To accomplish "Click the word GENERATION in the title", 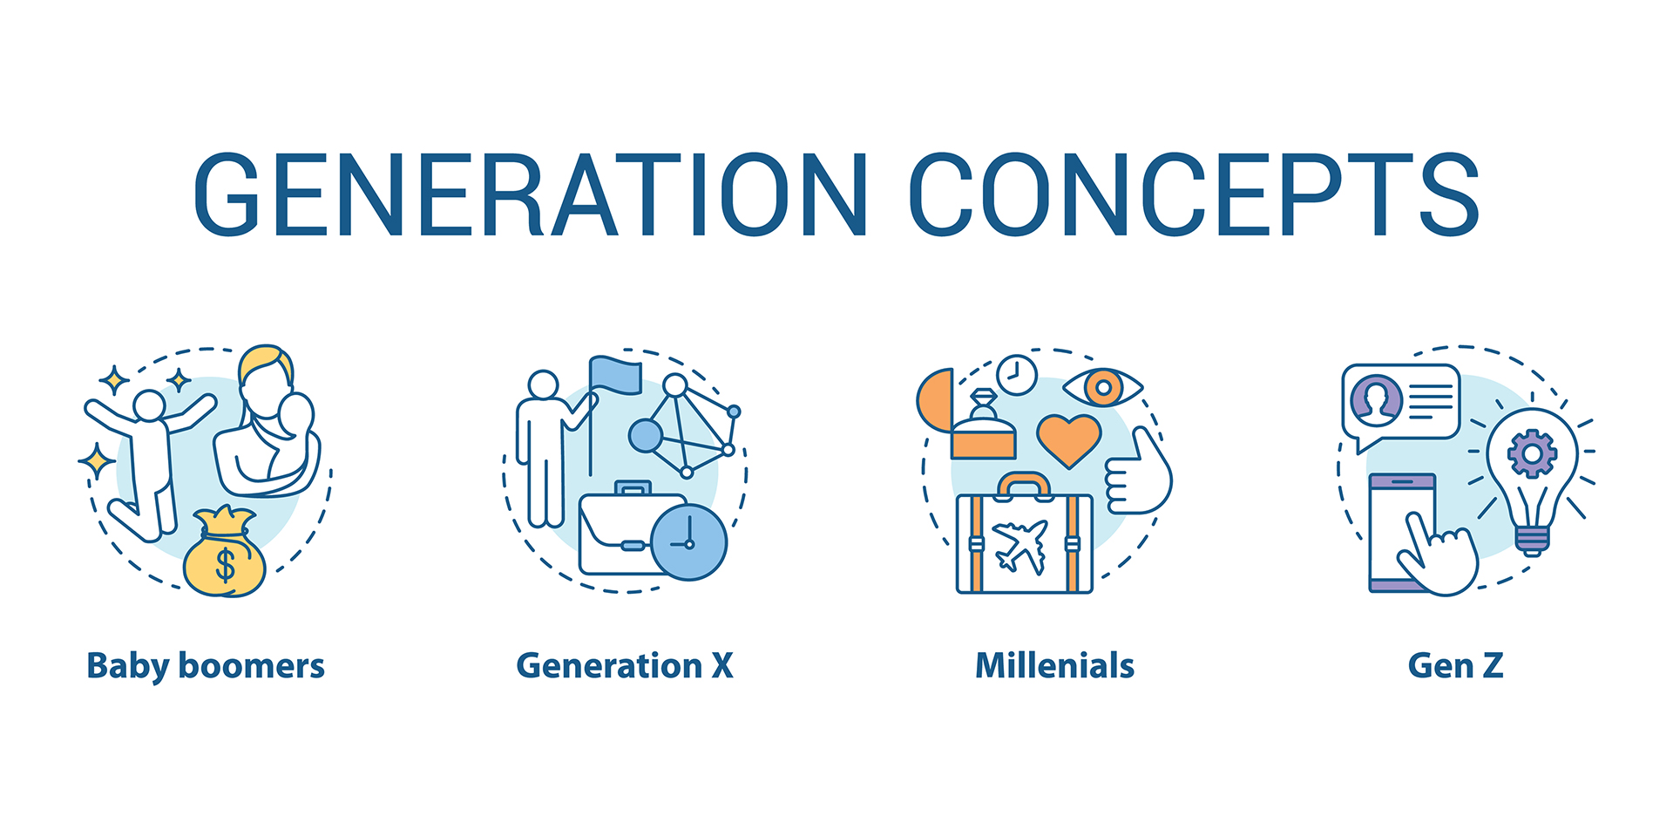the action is point(531,194).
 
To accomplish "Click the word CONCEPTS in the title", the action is point(1195,194).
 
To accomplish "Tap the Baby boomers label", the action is point(206,667).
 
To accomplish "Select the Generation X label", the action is point(625,666).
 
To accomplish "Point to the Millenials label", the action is point(1054,666).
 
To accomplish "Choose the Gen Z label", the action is point(1455,666).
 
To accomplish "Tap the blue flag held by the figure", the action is point(615,375).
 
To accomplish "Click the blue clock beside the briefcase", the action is point(688,542).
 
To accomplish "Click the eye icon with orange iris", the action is point(1103,387).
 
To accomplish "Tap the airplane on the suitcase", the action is point(1020,547).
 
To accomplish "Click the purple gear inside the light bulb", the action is point(1532,453).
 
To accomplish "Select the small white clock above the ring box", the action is point(1017,375).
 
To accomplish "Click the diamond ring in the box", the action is point(983,405).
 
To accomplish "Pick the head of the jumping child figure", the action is point(149,405).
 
